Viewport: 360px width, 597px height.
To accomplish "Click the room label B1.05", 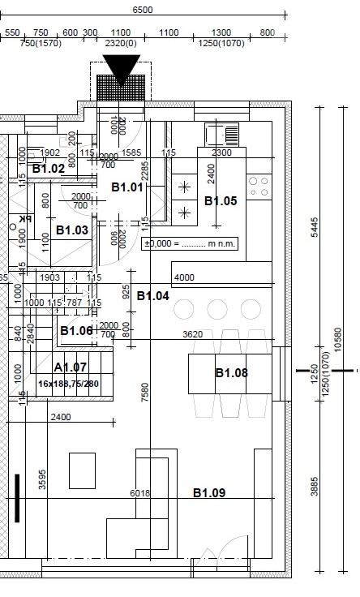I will (x=221, y=200).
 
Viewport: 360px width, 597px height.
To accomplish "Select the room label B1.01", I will (x=127, y=187).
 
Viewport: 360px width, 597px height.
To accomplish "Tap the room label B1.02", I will (x=49, y=169).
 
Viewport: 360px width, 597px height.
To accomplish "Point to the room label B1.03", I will (x=72, y=230).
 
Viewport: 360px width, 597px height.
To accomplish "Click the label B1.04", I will (x=152, y=296).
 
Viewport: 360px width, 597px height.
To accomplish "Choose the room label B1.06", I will (x=76, y=330).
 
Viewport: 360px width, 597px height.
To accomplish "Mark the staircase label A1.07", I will (x=70, y=368).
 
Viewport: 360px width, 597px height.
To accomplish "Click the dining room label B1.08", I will (x=231, y=373).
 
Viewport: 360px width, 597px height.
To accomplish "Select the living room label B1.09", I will (x=208, y=492).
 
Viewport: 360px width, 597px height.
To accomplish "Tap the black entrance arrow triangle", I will (x=122, y=68).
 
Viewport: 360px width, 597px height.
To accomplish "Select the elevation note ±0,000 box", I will (x=190, y=243).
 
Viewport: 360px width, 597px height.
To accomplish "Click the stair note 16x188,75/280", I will (x=68, y=384).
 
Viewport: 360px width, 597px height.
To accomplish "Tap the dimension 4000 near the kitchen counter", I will (x=184, y=277).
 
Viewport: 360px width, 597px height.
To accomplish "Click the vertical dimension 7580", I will (x=145, y=393).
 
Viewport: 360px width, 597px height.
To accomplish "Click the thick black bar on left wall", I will (x=16, y=498).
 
